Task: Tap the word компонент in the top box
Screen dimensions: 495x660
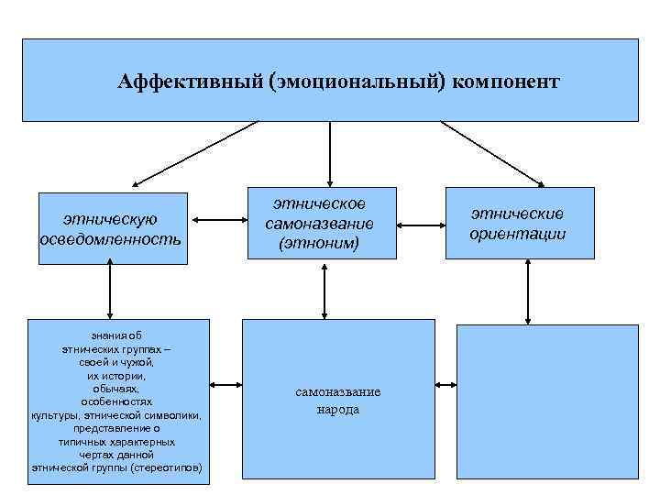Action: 505,82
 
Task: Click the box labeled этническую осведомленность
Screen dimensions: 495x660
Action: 113,228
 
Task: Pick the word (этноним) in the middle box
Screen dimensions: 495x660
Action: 320,243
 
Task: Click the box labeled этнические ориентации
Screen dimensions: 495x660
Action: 519,225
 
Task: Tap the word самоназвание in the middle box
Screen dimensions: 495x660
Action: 320,225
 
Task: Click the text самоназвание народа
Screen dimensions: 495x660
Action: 337,401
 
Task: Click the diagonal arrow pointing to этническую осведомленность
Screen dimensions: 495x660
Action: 192,153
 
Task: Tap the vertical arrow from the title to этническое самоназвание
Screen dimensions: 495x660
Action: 330,154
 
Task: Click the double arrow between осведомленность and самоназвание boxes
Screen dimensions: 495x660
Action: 218,220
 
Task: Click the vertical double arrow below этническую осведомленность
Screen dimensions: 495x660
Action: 110,291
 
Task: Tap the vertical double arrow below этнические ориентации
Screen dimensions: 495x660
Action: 529,291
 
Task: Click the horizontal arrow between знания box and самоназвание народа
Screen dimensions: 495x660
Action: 225,384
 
